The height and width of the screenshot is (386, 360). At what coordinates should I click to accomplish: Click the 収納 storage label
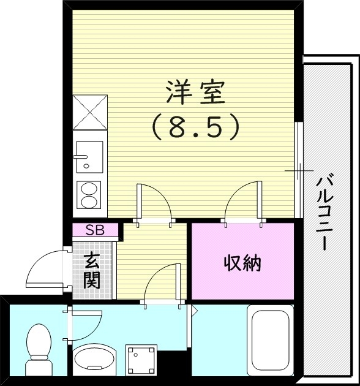click(242, 263)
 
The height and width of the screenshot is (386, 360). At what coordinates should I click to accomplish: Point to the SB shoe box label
click(94, 230)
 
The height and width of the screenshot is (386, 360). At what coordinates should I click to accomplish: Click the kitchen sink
click(89, 157)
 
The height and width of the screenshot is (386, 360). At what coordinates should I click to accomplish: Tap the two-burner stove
click(89, 195)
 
